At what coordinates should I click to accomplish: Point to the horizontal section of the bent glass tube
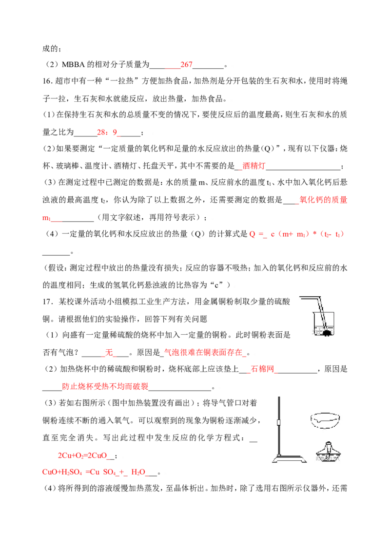[x=308, y=297]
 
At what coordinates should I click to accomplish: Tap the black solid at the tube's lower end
[x=326, y=332]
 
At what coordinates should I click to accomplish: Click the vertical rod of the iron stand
[x=279, y=429]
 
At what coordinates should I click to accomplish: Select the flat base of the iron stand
[x=289, y=458]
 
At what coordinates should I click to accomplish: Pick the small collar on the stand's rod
[x=279, y=422]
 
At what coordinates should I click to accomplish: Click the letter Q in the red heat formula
[x=252, y=234]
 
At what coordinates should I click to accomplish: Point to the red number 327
[x=187, y=64]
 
